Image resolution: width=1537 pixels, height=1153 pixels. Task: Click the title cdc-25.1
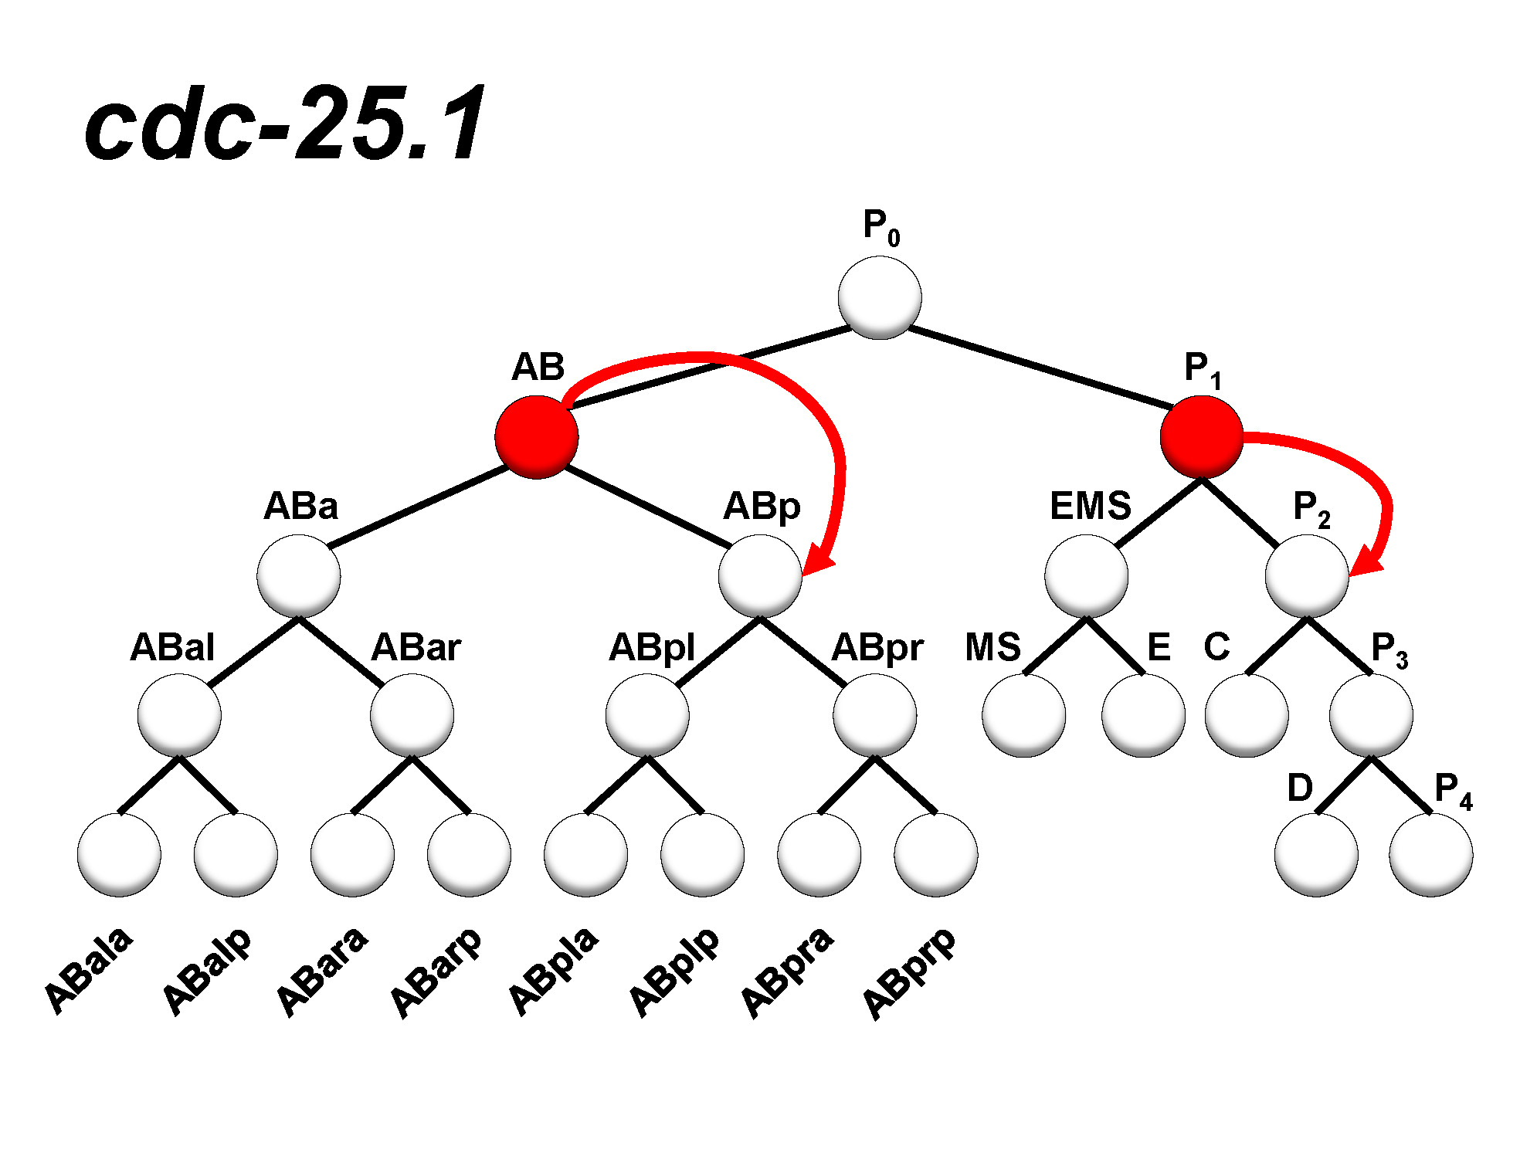[285, 124]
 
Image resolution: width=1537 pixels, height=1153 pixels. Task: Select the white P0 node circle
[879, 298]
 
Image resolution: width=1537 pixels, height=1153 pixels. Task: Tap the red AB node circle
[536, 437]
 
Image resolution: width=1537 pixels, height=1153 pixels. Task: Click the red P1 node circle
[1201, 437]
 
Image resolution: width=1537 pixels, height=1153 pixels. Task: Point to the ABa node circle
[299, 576]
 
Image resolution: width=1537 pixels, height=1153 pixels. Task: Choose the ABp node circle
[760, 576]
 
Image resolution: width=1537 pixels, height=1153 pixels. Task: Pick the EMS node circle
[1086, 576]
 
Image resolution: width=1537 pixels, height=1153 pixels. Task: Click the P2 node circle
[1307, 576]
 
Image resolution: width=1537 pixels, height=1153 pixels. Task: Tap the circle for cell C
[1247, 715]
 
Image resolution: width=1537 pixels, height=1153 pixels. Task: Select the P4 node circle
[1430, 854]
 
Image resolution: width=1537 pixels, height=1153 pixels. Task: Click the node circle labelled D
[1316, 854]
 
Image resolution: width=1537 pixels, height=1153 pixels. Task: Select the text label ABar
[416, 647]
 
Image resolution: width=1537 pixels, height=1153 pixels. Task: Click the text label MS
[992, 647]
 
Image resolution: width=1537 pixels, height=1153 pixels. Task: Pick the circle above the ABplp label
[702, 854]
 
